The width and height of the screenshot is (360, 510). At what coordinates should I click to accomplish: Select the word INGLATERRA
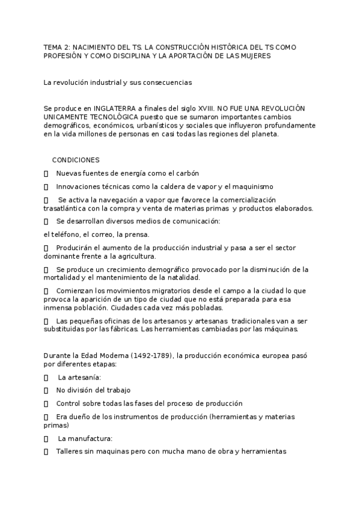[107, 107]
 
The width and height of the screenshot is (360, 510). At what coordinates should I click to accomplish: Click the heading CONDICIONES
[76, 160]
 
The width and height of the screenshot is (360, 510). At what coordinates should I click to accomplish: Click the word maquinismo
[252, 186]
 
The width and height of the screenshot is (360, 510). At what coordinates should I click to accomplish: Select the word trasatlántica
[66, 208]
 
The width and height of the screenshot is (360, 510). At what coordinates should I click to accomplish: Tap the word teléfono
[66, 235]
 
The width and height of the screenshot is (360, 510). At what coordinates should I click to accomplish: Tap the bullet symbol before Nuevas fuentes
[46, 173]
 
